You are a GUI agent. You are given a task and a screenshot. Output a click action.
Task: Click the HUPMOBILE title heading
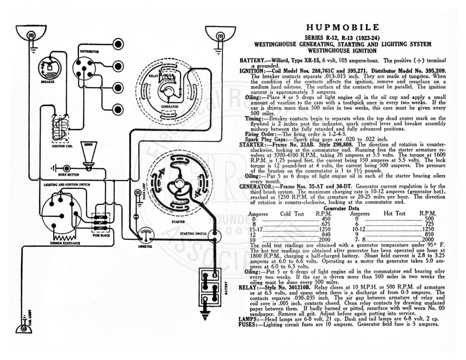343,28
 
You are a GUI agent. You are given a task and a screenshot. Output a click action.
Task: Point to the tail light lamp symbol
24,327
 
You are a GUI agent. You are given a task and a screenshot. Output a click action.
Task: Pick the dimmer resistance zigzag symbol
64,238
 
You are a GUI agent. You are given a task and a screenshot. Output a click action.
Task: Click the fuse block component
100,223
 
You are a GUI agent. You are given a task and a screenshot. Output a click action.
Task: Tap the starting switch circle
214,236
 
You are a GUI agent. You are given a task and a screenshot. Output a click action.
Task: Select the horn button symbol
66,168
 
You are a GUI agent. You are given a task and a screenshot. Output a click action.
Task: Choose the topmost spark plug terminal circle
118,45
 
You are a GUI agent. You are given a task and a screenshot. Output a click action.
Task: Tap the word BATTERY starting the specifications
252,61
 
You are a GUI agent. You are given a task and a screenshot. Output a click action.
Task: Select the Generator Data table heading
341,208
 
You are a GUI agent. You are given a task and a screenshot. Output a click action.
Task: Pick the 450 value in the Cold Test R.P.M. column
326,219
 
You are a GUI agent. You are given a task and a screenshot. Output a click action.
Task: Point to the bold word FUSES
247,325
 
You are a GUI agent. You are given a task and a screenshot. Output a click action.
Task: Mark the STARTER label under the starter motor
178,222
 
